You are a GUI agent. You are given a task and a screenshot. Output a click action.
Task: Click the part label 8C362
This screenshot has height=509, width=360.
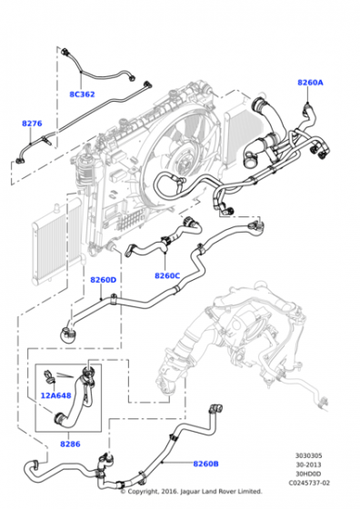tap(82, 95)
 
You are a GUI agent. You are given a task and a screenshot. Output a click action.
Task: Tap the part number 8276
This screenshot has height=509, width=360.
tap(32, 124)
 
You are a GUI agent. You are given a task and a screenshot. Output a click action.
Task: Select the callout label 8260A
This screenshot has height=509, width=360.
tap(310, 83)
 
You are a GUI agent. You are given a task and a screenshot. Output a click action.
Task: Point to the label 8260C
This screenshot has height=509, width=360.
tap(167, 275)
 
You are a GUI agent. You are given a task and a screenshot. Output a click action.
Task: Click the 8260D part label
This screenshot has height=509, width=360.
tap(104, 280)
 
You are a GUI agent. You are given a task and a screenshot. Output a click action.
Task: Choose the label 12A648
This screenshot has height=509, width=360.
tap(55, 395)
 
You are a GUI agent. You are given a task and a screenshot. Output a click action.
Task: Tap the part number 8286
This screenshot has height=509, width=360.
tap(70, 444)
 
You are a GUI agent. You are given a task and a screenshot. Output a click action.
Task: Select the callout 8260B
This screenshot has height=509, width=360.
tap(205, 464)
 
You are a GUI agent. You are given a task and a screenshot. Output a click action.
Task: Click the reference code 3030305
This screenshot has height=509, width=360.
tap(309, 455)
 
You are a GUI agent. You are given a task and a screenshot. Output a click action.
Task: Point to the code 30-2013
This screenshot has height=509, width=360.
tap(308, 464)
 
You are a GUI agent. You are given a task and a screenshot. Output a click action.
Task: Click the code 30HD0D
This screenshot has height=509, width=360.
tap(308, 474)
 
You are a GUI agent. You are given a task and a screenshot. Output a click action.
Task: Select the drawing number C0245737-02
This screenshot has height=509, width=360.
tap(309, 483)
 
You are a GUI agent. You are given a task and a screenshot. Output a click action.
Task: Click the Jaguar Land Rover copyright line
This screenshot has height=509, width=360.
tap(191, 492)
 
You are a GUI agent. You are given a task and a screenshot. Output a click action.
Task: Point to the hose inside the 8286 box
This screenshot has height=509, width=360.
tap(76, 398)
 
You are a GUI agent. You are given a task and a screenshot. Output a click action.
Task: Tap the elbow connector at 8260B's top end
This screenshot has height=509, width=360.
tap(215, 409)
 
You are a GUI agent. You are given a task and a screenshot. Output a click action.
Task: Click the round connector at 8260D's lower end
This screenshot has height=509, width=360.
tap(68, 334)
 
